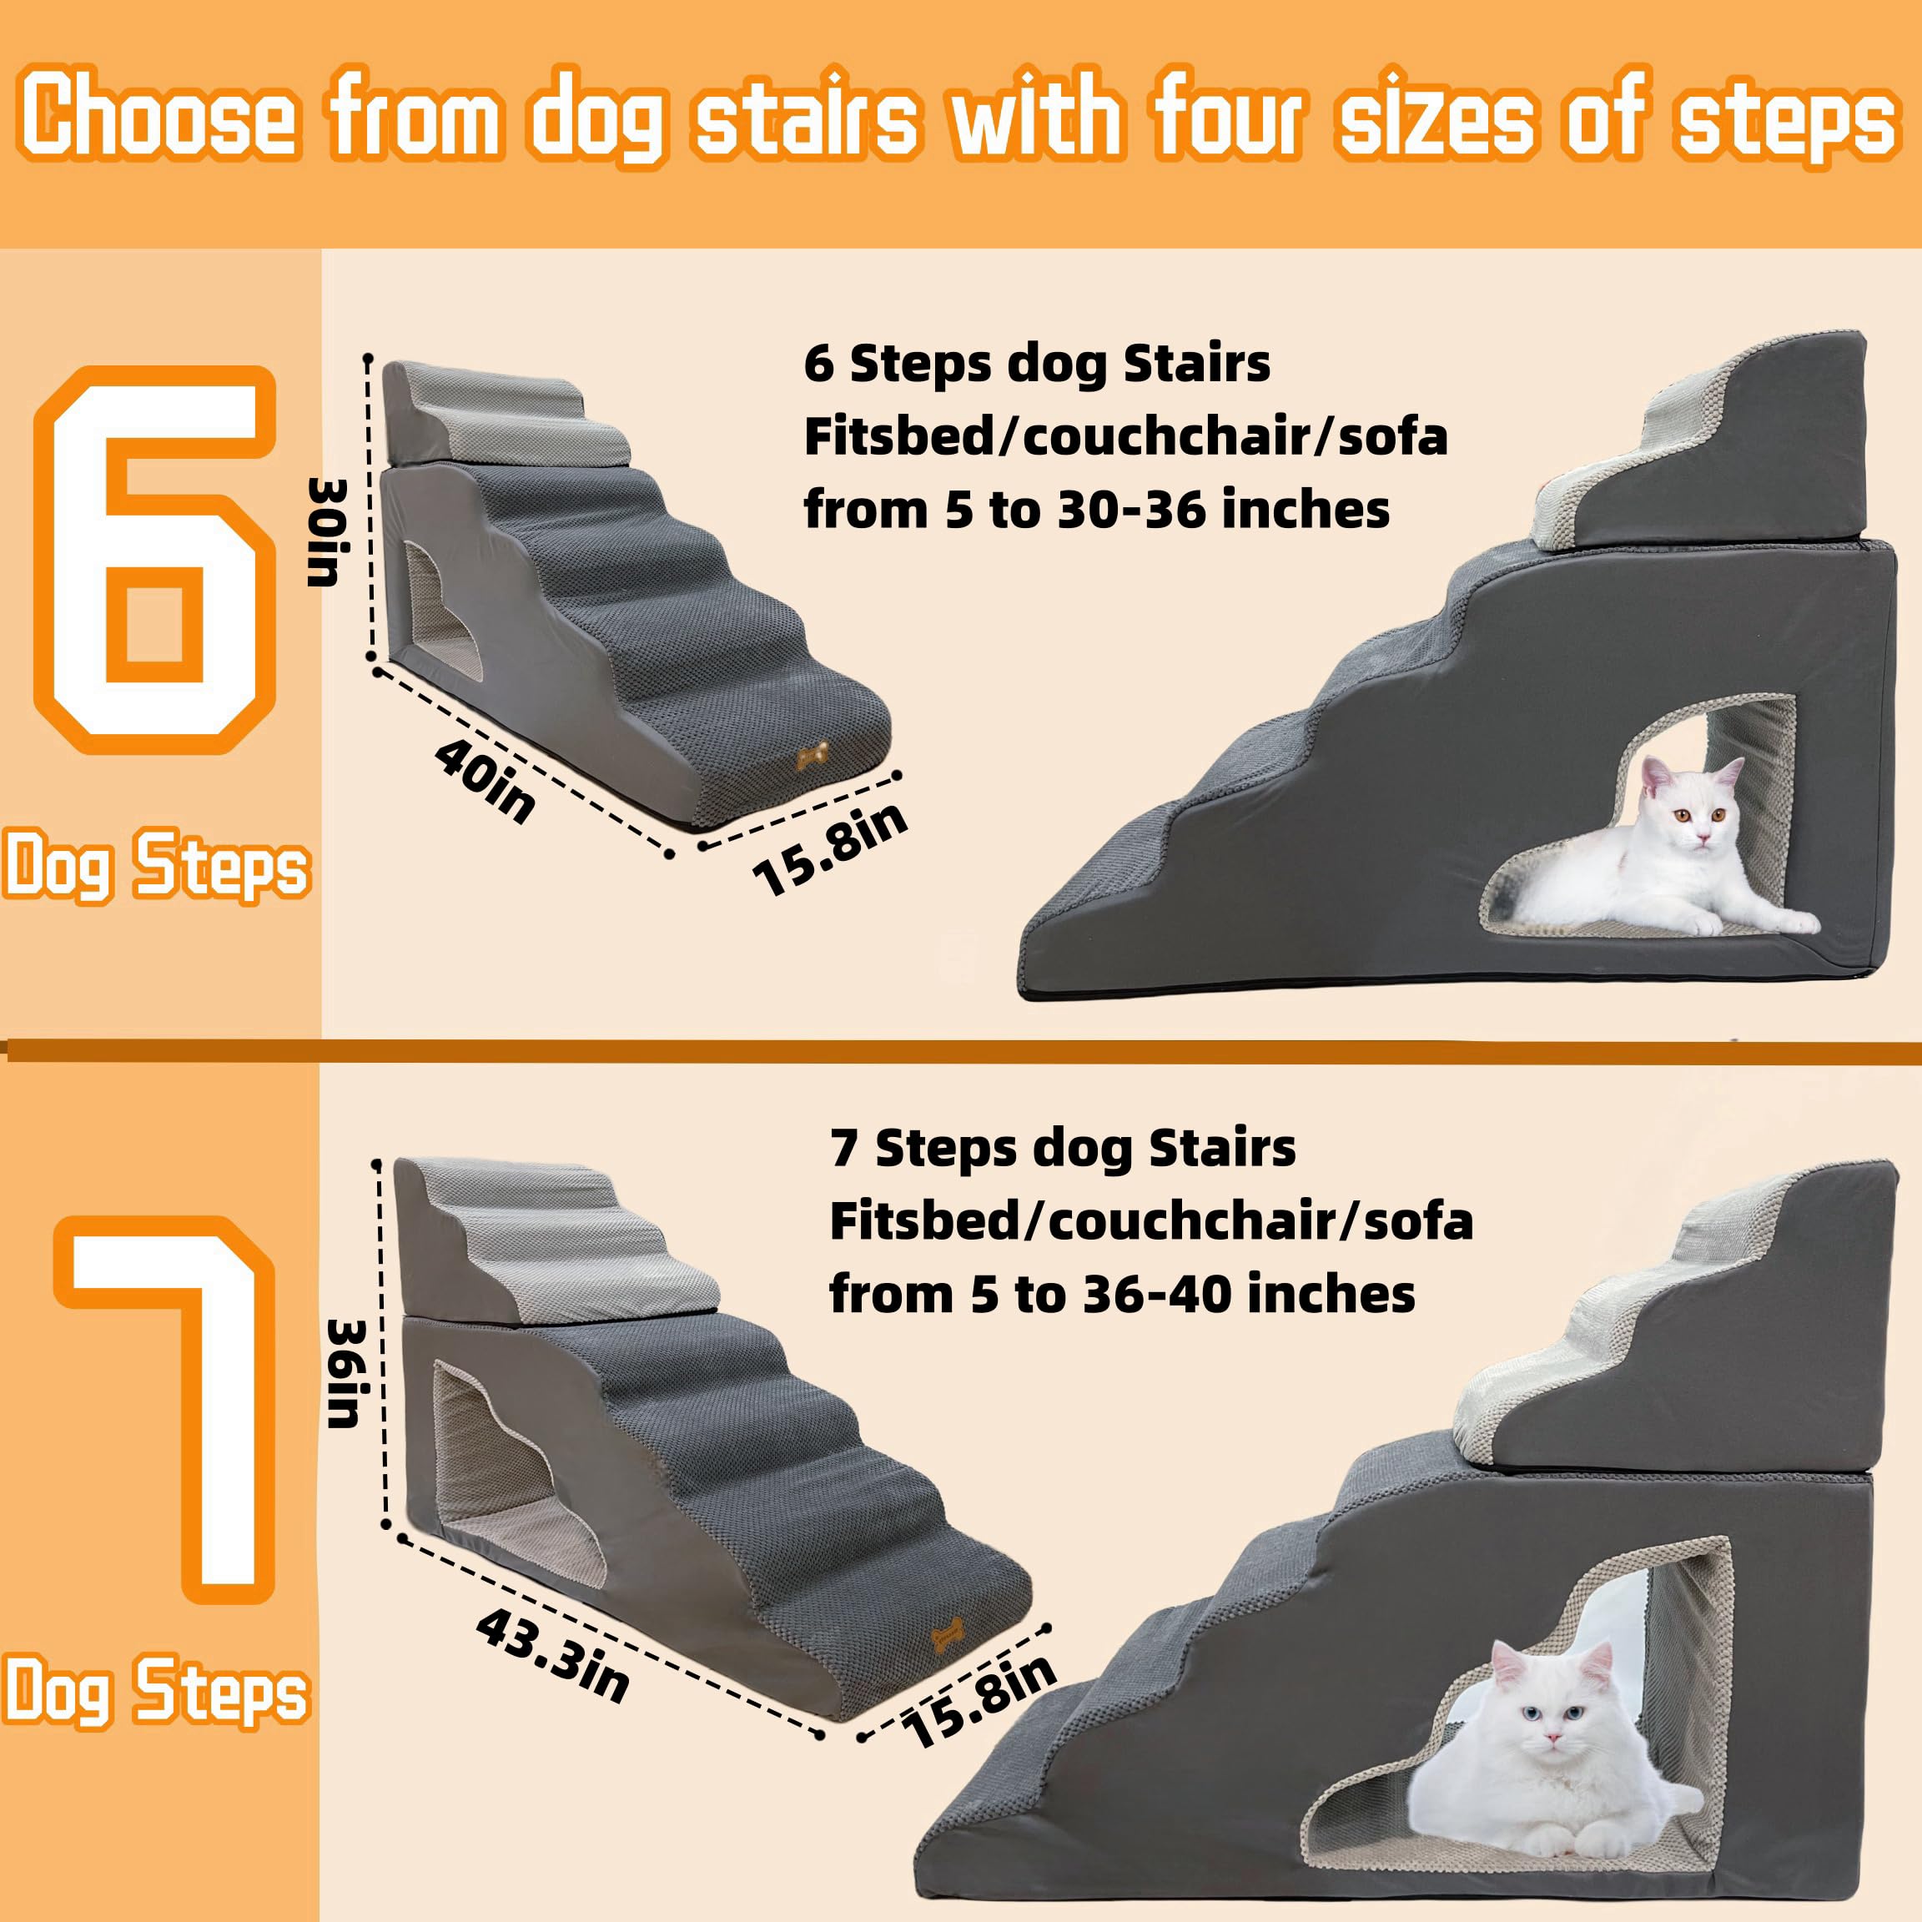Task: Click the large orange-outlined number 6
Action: [x=154, y=560]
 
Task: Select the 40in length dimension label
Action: [x=485, y=782]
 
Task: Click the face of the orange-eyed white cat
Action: [x=1697, y=814]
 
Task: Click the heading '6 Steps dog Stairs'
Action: [x=1037, y=363]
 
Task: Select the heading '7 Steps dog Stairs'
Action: [x=1063, y=1148]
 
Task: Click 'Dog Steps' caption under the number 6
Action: [x=156, y=868]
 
